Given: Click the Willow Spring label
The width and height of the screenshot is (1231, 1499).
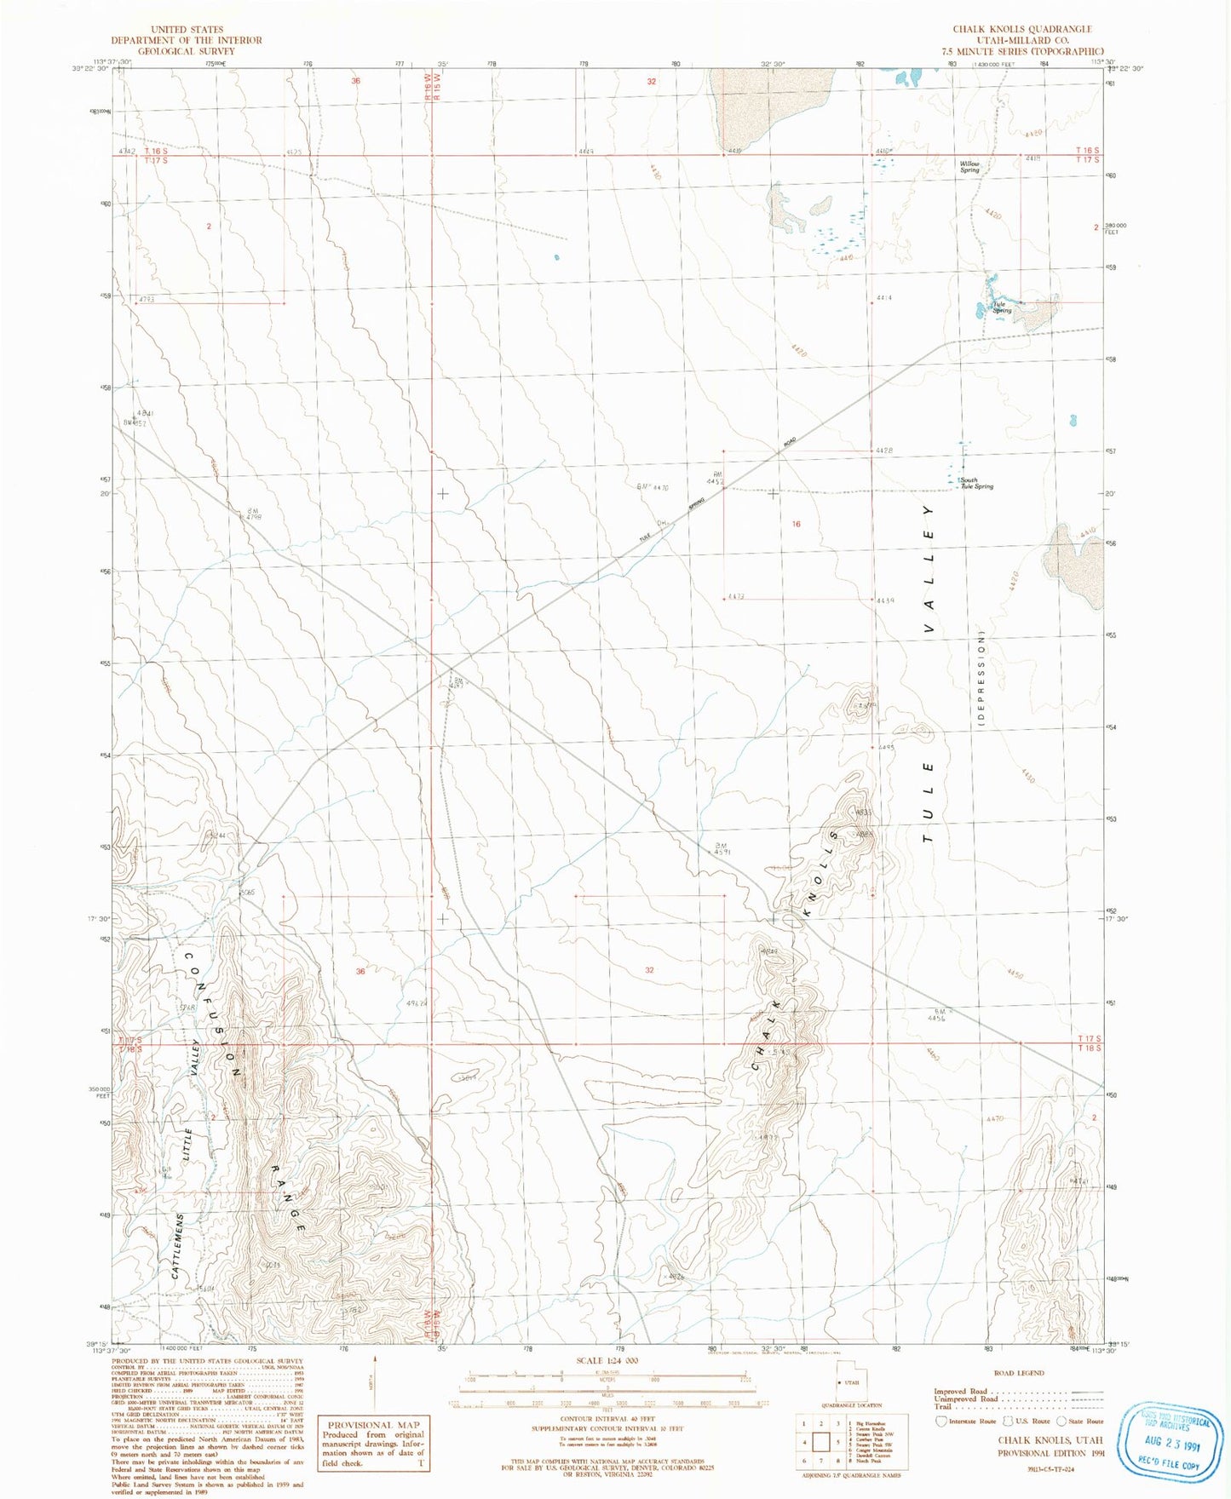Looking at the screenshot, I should pyautogui.click(x=969, y=167).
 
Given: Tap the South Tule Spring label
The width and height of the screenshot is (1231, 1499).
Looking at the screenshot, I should pyautogui.click(x=976, y=483).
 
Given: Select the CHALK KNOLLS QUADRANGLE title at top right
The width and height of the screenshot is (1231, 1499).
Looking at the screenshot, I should pyautogui.click(x=1021, y=29).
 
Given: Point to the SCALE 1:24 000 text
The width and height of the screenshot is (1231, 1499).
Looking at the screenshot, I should pyautogui.click(x=607, y=1360).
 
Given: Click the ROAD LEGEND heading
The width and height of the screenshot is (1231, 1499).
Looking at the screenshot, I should pyautogui.click(x=1018, y=1373).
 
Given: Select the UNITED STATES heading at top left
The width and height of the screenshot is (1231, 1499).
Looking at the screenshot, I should pyautogui.click(x=187, y=29).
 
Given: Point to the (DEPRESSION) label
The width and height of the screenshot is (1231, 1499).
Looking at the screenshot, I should pyautogui.click(x=981, y=678).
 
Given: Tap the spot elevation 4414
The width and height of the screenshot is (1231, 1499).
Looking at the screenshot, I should pyautogui.click(x=883, y=298).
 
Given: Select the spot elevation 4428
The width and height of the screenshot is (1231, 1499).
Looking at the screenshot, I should pyautogui.click(x=883, y=450).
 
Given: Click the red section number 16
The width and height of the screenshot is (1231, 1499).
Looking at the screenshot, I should pyautogui.click(x=796, y=524).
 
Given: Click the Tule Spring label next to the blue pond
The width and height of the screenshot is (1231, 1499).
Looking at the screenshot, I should pyautogui.click(x=1002, y=307).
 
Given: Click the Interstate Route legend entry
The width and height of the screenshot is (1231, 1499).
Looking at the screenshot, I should pyautogui.click(x=968, y=1421).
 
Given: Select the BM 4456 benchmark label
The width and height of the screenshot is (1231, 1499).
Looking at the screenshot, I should pyautogui.click(x=936, y=1014).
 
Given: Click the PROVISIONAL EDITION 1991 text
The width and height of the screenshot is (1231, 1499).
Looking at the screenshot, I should pyautogui.click(x=1050, y=1453).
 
